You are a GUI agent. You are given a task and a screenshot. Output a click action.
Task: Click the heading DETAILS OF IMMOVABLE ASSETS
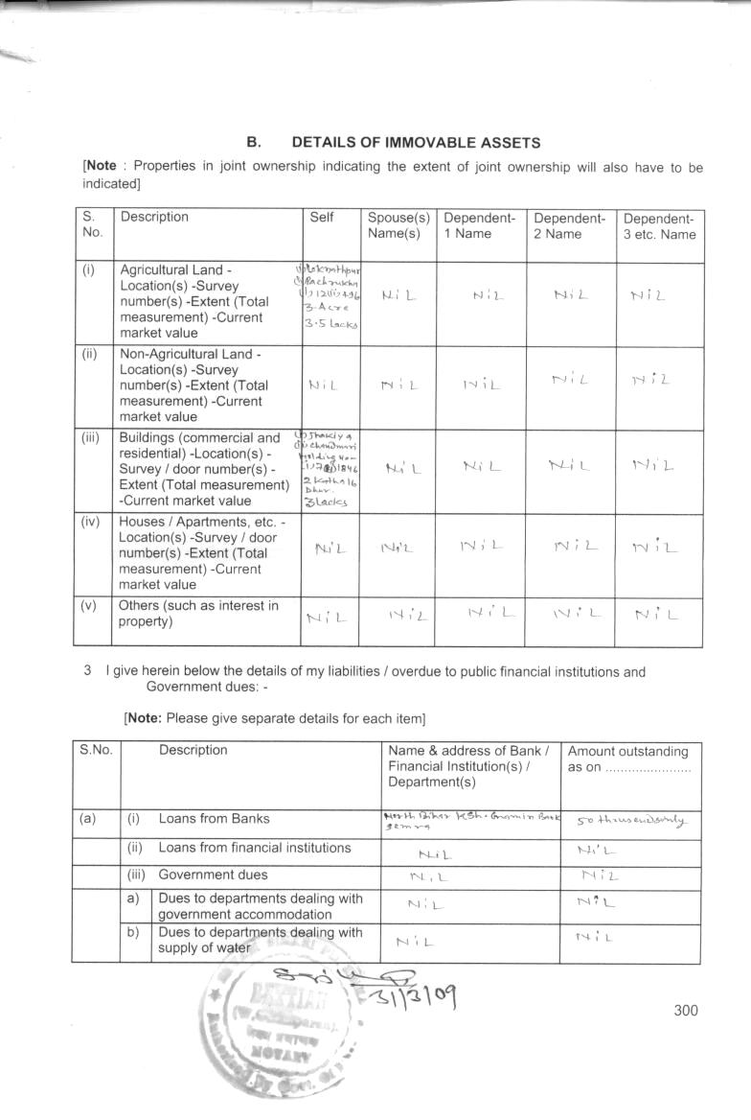[x=416, y=143]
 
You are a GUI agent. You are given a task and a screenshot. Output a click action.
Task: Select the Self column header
[x=322, y=218]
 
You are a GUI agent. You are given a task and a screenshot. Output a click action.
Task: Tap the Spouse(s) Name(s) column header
[x=397, y=225]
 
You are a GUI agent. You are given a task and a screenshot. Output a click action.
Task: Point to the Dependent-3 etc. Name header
[x=659, y=225]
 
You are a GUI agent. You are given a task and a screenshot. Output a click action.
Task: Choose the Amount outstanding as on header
[x=628, y=759]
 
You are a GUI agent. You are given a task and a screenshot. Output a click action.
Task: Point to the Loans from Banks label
[x=214, y=819]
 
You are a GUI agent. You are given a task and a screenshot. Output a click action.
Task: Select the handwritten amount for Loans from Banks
[x=626, y=820]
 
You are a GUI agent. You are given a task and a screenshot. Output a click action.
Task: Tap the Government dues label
[x=213, y=875]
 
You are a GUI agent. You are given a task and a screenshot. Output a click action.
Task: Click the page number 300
[x=686, y=1010]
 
